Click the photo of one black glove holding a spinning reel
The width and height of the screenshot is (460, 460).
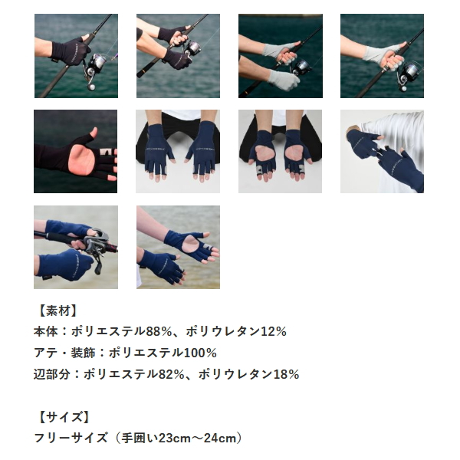tap(76, 56)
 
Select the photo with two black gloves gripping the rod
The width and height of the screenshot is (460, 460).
tap(178, 56)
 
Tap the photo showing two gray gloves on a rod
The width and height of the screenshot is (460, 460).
tap(280, 56)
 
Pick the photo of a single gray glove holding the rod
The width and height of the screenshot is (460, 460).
tap(382, 56)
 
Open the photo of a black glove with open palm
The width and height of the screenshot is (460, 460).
tap(76, 151)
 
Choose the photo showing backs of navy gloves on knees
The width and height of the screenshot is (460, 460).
tap(178, 151)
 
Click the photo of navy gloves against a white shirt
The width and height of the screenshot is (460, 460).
tap(382, 151)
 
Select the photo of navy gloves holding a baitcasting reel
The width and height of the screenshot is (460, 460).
tap(76, 247)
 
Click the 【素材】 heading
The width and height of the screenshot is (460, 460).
tap(57, 310)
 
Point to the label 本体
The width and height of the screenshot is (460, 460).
tap(47, 332)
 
